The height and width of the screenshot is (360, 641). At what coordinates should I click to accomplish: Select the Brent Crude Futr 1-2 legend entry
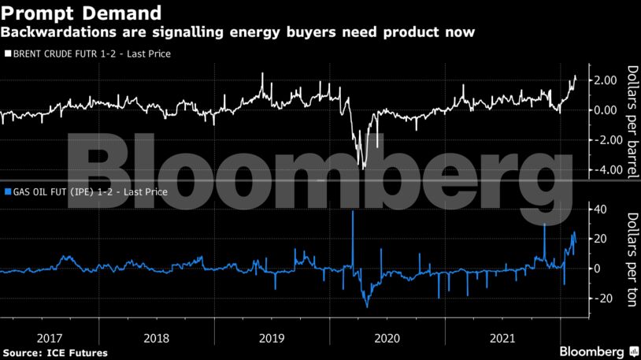(87, 54)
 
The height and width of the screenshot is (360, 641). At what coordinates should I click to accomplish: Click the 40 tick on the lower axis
(602, 209)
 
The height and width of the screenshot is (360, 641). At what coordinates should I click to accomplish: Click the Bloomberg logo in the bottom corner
(593, 350)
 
